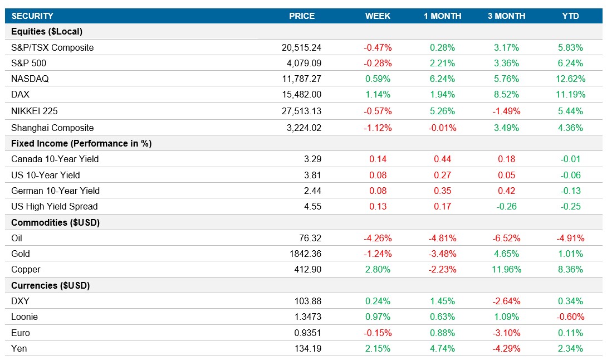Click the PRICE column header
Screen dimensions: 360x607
(x=301, y=16)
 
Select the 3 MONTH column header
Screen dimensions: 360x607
(x=507, y=16)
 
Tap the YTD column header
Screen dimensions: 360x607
(x=571, y=16)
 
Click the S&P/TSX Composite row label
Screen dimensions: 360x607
(x=52, y=48)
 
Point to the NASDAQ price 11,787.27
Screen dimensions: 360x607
(x=301, y=79)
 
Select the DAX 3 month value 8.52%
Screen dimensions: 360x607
(x=507, y=95)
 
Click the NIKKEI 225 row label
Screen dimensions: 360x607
(x=35, y=111)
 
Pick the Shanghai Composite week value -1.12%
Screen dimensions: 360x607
(x=378, y=128)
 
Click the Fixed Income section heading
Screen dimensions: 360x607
(x=81, y=144)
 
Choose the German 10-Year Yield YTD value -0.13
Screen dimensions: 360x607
(x=571, y=191)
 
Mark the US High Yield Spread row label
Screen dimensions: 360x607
(x=54, y=207)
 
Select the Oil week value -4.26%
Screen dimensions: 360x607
(x=378, y=239)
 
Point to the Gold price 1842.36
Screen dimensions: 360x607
(x=305, y=254)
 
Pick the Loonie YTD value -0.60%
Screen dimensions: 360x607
(x=571, y=317)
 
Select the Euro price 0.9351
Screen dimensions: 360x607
(x=308, y=333)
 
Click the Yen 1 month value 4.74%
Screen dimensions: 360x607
(x=443, y=349)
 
